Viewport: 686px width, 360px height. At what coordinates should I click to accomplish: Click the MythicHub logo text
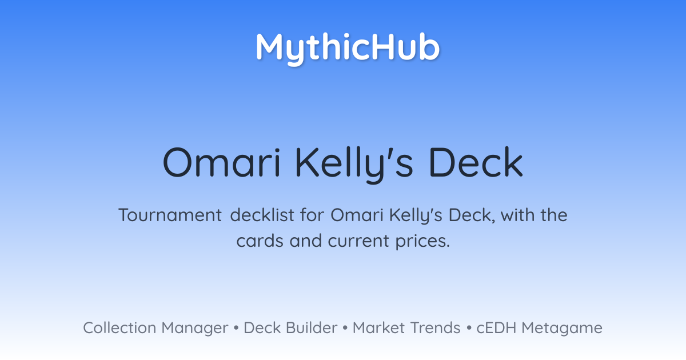tap(348, 49)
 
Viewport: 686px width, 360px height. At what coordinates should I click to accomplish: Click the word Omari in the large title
tap(222, 162)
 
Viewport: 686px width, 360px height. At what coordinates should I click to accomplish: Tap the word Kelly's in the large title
tap(354, 165)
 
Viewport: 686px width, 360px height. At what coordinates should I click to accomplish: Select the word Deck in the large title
tap(476, 162)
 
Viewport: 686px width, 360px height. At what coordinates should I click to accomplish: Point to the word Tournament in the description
tap(170, 215)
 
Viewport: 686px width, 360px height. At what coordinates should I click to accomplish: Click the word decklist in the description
tap(262, 215)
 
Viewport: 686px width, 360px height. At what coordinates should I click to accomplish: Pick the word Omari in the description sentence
tap(357, 215)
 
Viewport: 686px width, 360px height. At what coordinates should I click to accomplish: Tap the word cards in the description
tap(260, 241)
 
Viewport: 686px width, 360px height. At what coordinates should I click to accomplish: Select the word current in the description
tap(358, 241)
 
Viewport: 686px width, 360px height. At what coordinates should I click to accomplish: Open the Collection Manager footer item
tap(155, 328)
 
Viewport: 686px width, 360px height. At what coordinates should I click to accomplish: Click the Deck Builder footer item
tap(290, 328)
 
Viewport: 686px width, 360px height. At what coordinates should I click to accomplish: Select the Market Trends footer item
tap(406, 328)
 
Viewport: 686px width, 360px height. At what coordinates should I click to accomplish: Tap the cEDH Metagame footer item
tap(539, 328)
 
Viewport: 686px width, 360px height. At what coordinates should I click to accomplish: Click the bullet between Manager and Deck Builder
tap(236, 328)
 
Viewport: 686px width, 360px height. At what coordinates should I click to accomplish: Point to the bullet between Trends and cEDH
tap(469, 328)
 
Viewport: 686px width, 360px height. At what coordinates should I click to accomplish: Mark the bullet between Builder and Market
tap(345, 328)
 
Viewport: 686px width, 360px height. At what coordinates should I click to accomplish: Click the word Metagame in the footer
tap(562, 329)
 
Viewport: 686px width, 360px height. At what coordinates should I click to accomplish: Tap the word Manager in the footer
tap(195, 329)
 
